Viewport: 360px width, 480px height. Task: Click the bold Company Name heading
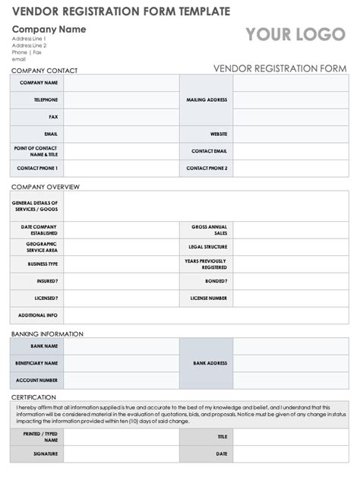tap(49, 29)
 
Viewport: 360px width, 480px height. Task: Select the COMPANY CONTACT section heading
tap(44, 71)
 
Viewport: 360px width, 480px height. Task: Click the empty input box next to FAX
tap(121, 117)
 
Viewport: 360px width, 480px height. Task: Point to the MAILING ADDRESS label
tap(207, 99)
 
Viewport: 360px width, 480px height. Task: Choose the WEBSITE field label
tap(219, 134)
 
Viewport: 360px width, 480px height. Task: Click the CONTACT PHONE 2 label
tap(207, 168)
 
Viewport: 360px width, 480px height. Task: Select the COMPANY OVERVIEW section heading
tap(45, 187)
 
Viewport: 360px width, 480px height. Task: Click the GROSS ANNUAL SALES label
tap(209, 230)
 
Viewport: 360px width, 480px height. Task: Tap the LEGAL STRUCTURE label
tap(207, 247)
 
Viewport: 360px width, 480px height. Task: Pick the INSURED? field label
tap(47, 281)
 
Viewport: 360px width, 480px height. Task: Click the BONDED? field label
tap(216, 281)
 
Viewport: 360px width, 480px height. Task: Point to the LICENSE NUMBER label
tap(208, 298)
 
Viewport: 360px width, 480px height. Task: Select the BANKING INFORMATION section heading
tap(47, 333)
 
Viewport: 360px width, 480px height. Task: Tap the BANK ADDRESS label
tap(210, 363)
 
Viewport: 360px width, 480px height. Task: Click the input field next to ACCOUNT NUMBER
tap(121, 380)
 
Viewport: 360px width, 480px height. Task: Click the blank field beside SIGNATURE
tap(121, 453)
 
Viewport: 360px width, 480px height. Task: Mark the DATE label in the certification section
tap(221, 453)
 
